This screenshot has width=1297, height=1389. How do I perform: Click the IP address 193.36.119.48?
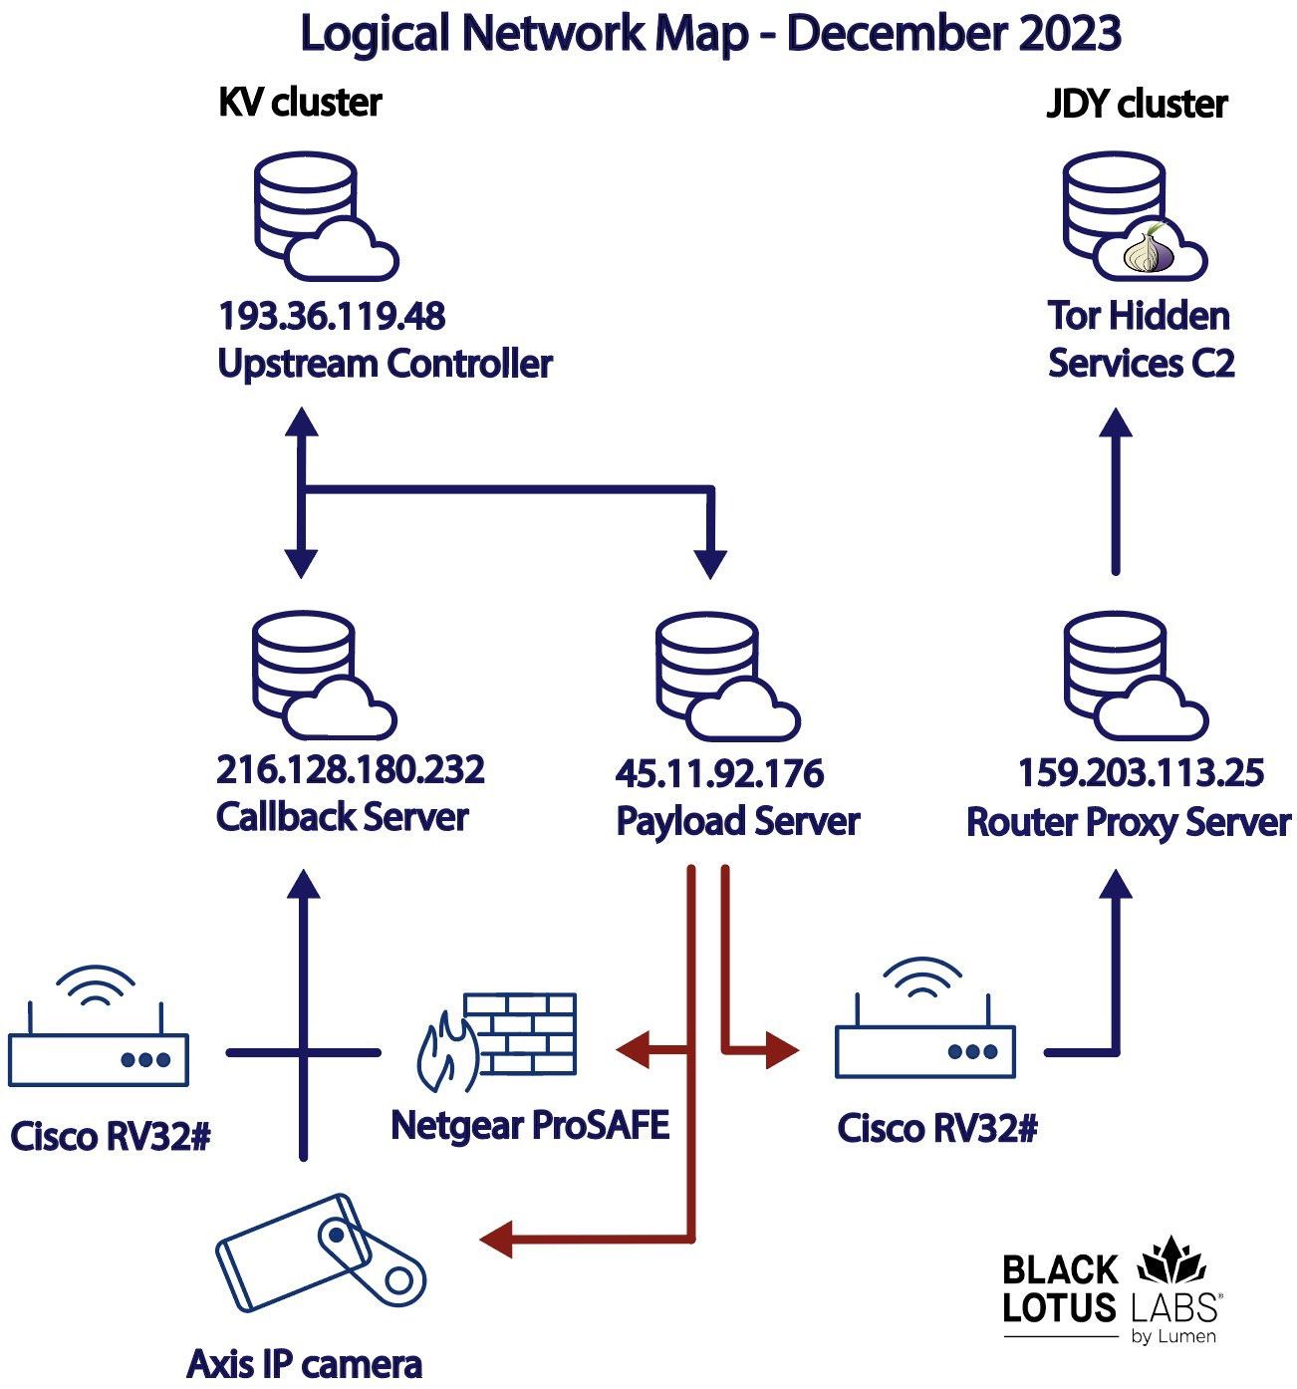tap(331, 317)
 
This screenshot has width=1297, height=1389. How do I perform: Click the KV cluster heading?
tap(300, 102)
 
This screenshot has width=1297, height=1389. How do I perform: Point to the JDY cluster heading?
tap(1137, 104)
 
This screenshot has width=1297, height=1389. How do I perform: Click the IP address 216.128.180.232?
tap(350, 770)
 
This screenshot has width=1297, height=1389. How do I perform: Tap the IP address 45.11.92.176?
tap(719, 774)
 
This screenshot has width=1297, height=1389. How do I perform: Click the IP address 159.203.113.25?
tap(1141, 773)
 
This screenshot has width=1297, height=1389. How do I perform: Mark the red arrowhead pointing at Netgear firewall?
tap(633, 1048)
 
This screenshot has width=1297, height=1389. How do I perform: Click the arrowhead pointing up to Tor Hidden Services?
tap(1116, 423)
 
